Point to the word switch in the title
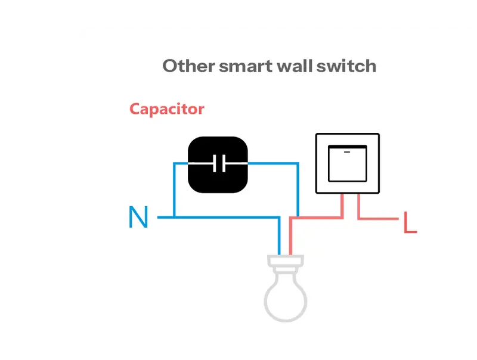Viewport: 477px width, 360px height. coord(345,66)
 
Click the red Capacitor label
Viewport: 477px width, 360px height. coord(167,109)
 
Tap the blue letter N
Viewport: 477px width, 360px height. coord(138,218)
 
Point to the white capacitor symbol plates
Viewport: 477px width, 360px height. coord(219,163)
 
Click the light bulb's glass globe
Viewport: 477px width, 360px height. coord(286,297)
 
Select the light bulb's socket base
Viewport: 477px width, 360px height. coord(286,263)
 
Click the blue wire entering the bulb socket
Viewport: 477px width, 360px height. coord(279,238)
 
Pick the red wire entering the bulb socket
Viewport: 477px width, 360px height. coord(291,238)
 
